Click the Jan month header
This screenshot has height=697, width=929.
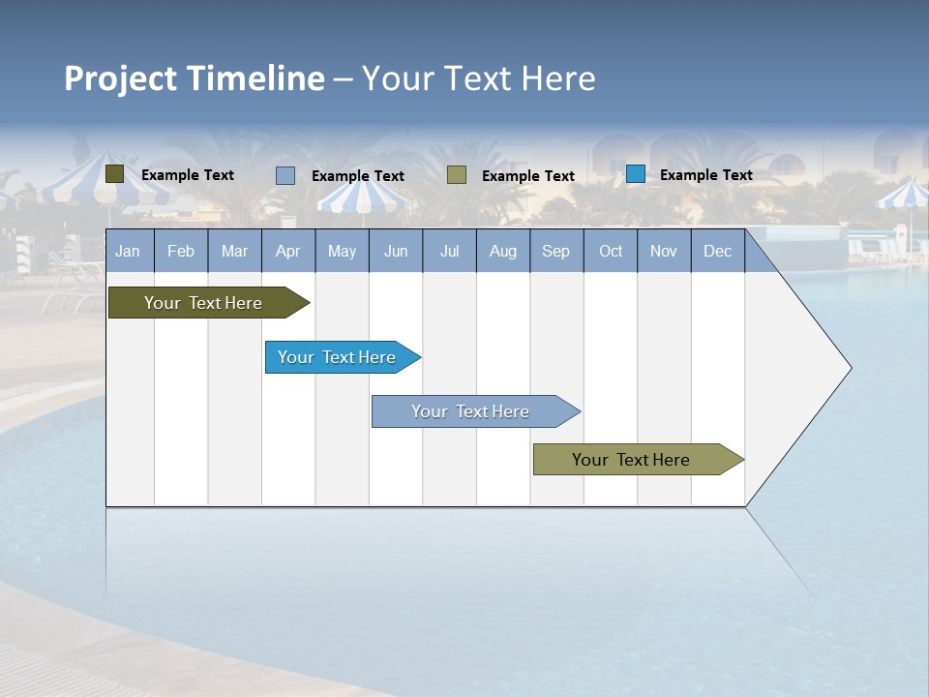tap(129, 252)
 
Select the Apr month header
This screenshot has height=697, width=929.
tap(288, 252)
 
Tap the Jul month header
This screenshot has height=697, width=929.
tap(449, 252)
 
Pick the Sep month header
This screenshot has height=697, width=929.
tap(556, 252)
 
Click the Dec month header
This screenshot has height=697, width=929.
tap(717, 252)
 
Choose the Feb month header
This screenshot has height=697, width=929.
tap(181, 252)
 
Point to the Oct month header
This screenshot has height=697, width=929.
tap(611, 252)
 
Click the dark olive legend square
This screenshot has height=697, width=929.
tap(114, 174)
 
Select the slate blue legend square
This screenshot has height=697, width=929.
tap(285, 175)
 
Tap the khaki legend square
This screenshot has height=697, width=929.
tap(457, 175)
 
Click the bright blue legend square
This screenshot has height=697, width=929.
tap(635, 174)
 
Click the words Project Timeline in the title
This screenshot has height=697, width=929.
tap(194, 78)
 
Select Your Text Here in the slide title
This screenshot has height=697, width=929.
tap(478, 78)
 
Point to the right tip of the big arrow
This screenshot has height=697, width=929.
tap(850, 368)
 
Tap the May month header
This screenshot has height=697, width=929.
tap(342, 252)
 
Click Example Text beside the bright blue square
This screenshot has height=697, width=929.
tap(705, 175)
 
